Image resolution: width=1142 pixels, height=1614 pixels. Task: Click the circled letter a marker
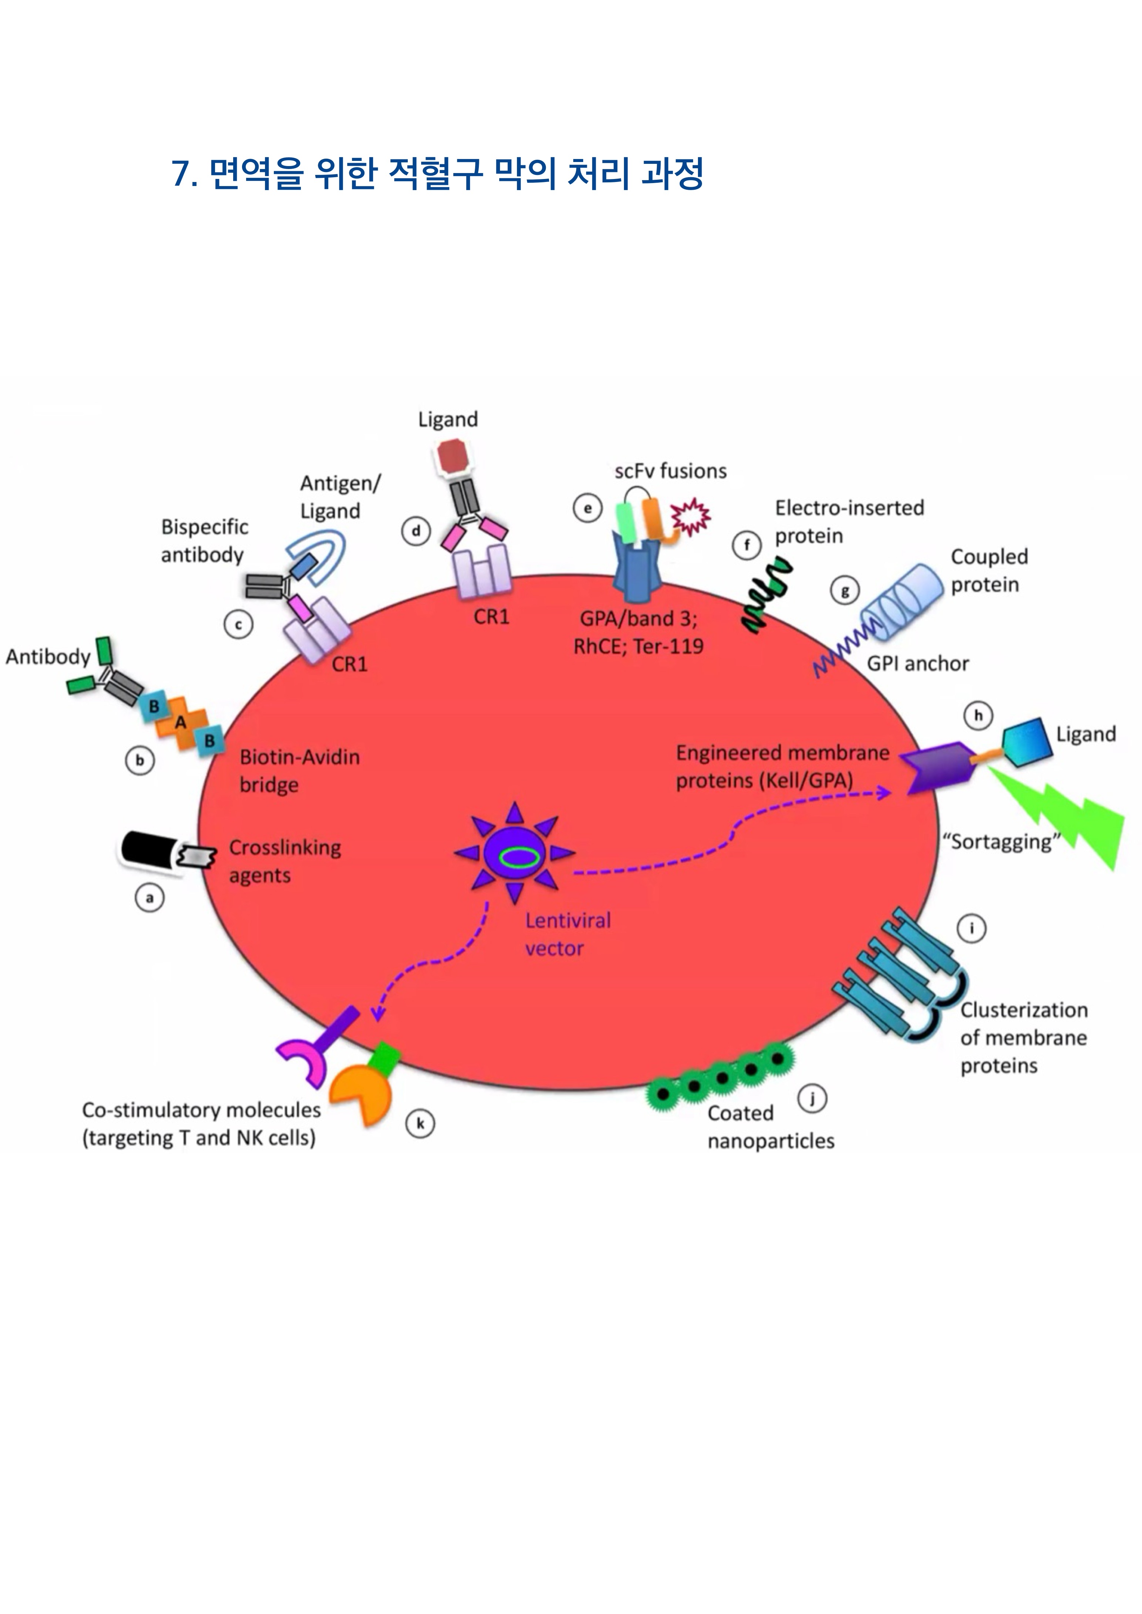[x=149, y=898]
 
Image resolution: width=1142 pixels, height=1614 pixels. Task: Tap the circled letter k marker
[x=420, y=1123]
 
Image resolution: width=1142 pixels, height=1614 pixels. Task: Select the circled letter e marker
[x=588, y=508]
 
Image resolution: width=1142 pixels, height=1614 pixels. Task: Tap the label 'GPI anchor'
[x=918, y=664]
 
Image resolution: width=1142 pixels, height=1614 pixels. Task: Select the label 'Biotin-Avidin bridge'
[x=300, y=770]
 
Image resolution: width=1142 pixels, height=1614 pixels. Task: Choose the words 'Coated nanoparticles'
[x=770, y=1127]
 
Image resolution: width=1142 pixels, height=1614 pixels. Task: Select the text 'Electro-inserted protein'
[x=849, y=521]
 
